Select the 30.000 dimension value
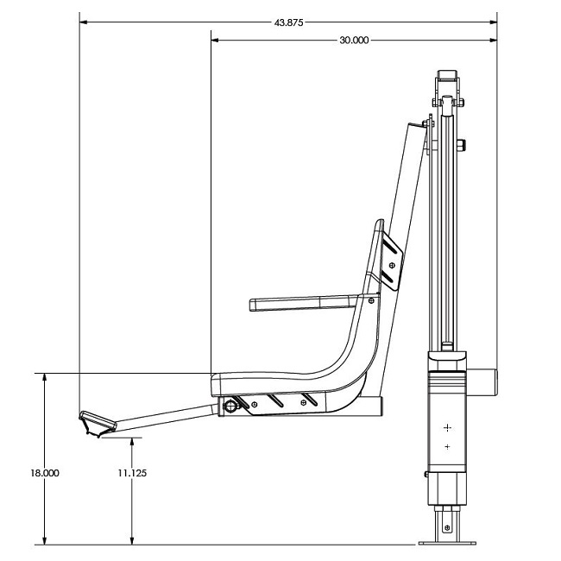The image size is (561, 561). (355, 40)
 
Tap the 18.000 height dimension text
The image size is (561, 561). (44, 473)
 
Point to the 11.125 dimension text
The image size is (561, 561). (132, 473)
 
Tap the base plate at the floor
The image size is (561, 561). (446, 543)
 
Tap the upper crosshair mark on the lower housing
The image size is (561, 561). (447, 427)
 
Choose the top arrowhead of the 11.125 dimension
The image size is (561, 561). (132, 441)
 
